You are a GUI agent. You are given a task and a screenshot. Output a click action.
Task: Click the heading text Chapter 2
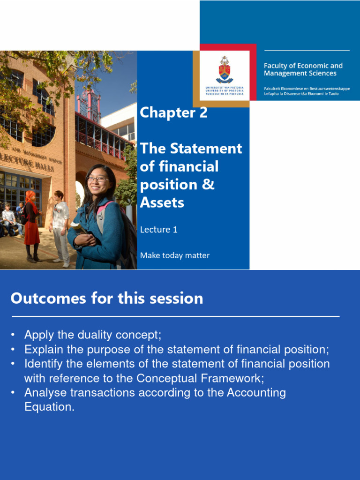coord(173,112)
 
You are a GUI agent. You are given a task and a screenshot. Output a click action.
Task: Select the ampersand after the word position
coord(209,185)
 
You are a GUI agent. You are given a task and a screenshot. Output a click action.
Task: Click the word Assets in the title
coord(162,202)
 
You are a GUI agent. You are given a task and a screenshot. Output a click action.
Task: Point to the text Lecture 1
coord(158,229)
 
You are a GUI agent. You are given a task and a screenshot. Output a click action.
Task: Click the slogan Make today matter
coord(174,255)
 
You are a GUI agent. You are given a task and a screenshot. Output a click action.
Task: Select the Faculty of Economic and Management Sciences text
coord(303,69)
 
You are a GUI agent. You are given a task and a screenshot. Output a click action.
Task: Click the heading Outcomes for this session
coord(107,299)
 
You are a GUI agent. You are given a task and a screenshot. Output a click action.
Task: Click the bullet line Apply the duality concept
coord(92,335)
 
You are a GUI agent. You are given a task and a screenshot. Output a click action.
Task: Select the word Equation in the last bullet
coord(49,407)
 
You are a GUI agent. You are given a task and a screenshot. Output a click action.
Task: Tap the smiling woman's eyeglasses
coord(97,179)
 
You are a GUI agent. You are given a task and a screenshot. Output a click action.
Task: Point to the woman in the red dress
coord(31,225)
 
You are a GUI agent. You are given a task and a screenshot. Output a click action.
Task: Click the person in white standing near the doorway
coord(60,228)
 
